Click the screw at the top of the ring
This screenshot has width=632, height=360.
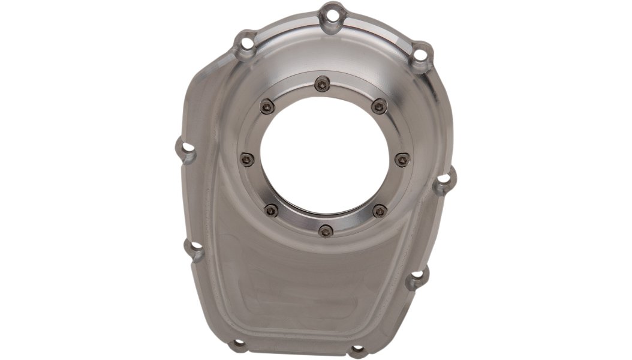[x=323, y=84]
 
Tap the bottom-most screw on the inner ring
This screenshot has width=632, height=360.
[x=326, y=231]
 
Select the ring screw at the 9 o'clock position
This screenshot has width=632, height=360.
[x=247, y=159]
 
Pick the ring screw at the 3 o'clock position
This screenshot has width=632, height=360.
[x=402, y=159]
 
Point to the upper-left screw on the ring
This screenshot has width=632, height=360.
[x=267, y=107]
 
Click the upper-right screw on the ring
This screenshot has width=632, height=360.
[x=379, y=107]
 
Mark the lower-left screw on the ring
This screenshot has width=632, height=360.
[x=271, y=210]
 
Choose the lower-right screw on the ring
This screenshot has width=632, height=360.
[x=380, y=211]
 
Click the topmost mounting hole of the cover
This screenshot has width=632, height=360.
[x=334, y=14]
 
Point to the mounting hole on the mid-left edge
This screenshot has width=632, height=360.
[x=188, y=147]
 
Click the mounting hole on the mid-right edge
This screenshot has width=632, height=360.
[x=444, y=179]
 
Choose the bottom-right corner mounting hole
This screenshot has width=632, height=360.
[x=357, y=349]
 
